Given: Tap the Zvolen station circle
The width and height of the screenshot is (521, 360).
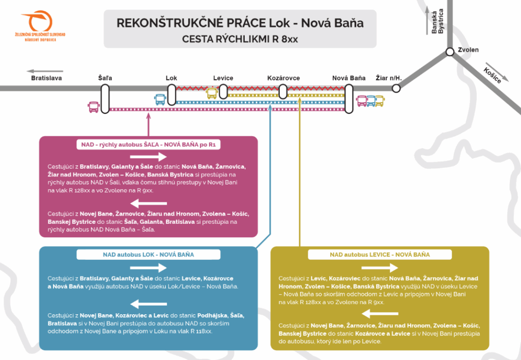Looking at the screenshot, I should pos(450,51).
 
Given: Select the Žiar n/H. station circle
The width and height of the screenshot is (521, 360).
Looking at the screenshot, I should pos(396,88).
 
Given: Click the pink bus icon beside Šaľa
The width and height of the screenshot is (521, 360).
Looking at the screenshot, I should pos(94,107).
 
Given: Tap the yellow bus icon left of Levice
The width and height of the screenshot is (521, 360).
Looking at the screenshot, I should pos(211,93).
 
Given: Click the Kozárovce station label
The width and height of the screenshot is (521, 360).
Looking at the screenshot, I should pos(283,78).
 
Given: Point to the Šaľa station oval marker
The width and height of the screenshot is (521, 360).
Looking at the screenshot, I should pos(105,99).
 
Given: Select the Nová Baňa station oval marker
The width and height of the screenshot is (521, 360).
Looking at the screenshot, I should pos(349,99).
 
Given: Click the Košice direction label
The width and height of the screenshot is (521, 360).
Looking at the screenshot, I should pos(493,75).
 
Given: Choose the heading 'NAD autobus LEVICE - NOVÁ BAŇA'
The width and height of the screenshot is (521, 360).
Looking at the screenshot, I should pos(380,254).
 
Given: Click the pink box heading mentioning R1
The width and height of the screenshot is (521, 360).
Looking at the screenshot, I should pos(149,145).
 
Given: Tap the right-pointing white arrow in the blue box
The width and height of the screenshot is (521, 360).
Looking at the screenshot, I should pos(149,267).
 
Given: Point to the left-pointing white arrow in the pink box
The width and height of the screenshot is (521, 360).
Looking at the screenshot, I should pos(149,203).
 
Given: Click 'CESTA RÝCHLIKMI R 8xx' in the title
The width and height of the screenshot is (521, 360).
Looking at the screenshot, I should pos(240,39).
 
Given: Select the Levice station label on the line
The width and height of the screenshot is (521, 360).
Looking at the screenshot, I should pos(223,78).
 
